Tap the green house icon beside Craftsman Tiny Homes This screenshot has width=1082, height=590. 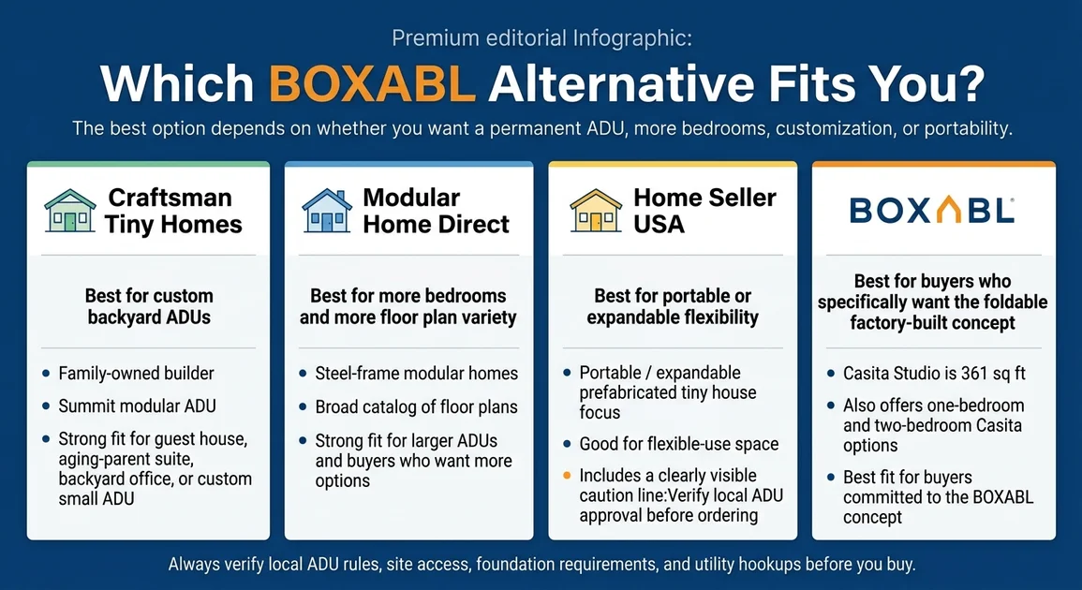70,211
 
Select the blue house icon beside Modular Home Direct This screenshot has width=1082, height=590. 326,211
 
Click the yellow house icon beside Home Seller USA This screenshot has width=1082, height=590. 596,211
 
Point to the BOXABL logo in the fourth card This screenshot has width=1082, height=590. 932,211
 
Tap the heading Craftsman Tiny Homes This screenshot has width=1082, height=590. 173,211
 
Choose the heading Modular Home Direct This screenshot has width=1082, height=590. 436,211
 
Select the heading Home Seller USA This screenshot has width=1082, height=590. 704,211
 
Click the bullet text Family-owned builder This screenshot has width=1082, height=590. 136,374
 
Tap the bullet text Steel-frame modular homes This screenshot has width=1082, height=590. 416,374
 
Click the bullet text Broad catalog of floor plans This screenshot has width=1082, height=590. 416,407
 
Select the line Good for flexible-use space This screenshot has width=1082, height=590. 678,444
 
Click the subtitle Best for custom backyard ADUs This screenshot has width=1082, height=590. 149,306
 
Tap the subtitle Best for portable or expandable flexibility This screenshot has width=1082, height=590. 672,306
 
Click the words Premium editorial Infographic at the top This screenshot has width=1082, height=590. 541,38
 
